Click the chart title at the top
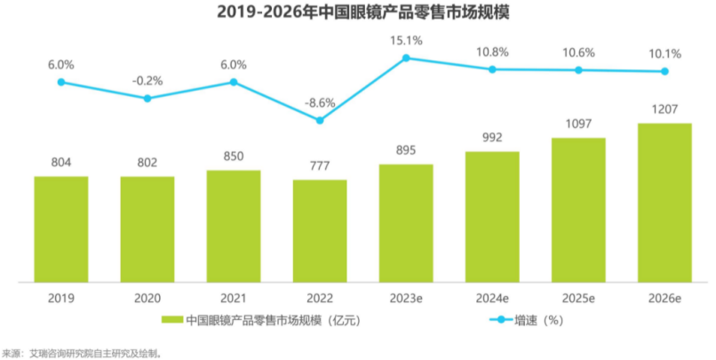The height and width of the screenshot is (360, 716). pos(357,13)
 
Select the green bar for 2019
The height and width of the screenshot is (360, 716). pos(61,228)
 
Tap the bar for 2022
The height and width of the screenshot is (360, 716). pos(320,230)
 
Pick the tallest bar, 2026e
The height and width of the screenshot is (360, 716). pos(664,202)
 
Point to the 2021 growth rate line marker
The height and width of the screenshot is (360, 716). pos(234,82)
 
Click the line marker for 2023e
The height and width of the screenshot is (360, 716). pos(406,59)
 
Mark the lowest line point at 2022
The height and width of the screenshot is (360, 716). pos(320,120)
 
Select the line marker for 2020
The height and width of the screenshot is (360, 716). pos(147,98)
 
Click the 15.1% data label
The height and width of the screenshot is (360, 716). pos(406,40)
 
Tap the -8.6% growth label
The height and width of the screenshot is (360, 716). pos(320,103)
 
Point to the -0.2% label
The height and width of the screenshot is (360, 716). pos(147,80)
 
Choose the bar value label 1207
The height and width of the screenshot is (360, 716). pos(664,110)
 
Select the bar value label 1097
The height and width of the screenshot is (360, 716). pos(578,124)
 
